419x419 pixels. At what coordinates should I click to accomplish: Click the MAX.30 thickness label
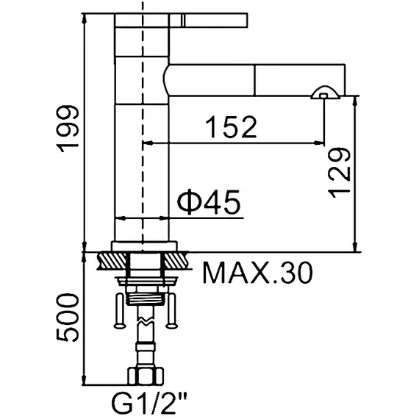click(258, 273)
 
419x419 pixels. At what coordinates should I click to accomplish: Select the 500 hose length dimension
click(69, 317)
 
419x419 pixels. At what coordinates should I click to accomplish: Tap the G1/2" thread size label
click(148, 403)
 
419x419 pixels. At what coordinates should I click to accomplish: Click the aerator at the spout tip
click(324, 93)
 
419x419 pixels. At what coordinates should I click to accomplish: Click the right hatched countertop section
click(176, 260)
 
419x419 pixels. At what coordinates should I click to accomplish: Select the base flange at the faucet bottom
click(144, 247)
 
